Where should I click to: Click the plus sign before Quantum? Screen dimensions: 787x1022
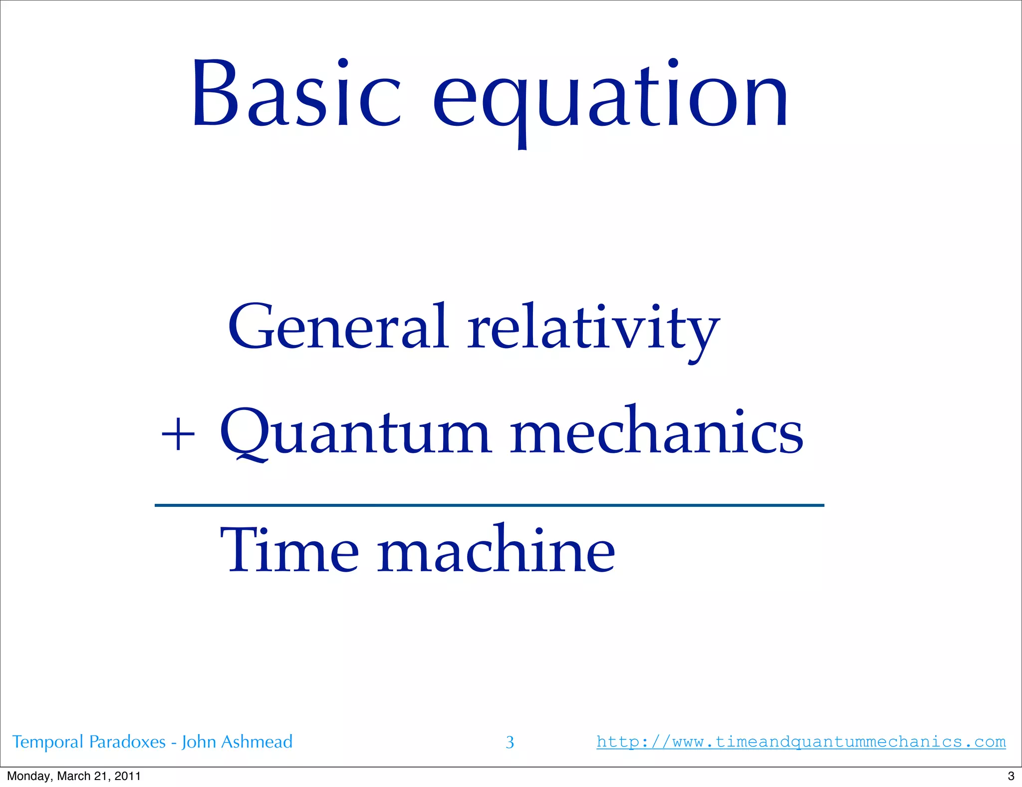pyautogui.click(x=178, y=435)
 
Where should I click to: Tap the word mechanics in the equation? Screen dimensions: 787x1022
pyautogui.click(x=656, y=432)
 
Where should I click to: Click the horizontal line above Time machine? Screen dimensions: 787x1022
pyautogui.click(x=489, y=505)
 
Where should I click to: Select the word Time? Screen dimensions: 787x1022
pyautogui.click(x=289, y=550)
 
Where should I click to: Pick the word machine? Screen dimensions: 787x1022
pyautogui.click(x=496, y=550)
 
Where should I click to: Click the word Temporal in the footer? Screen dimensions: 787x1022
pyautogui.click(x=48, y=742)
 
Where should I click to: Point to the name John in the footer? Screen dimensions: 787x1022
pyautogui.click(x=199, y=742)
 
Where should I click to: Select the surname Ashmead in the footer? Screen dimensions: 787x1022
pyautogui.click(x=256, y=742)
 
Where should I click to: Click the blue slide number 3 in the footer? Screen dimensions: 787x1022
pyautogui.click(x=510, y=743)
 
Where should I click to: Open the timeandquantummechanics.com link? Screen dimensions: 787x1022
pyautogui.click(x=801, y=742)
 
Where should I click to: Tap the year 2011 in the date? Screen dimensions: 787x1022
pyautogui.click(x=127, y=776)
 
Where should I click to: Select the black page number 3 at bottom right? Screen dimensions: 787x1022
pyautogui.click(x=1011, y=776)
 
